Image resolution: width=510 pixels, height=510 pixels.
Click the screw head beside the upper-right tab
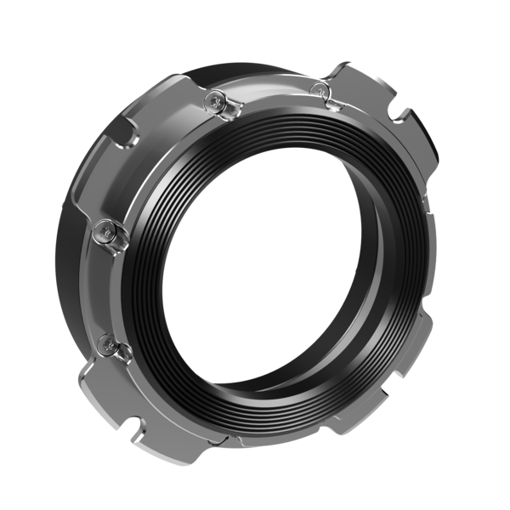320,90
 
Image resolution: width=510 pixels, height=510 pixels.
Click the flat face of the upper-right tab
374,93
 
